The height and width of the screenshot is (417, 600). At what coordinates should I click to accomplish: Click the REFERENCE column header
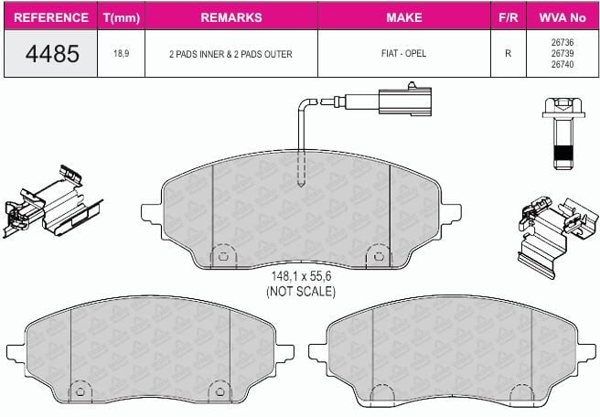[51, 17]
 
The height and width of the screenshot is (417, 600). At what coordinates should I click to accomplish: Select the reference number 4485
[52, 54]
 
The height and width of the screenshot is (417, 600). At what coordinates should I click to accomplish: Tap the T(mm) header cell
[122, 17]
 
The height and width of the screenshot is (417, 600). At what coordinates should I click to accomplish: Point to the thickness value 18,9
[122, 54]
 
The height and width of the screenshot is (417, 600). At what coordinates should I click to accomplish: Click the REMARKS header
[231, 17]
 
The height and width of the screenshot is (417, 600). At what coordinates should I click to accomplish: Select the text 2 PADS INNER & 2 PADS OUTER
[230, 54]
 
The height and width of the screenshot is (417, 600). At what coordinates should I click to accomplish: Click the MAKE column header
[404, 17]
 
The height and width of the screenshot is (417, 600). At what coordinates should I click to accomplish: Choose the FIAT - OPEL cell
[403, 53]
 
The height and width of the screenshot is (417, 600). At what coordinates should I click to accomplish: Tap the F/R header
[509, 17]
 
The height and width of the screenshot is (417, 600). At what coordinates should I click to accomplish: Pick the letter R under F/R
[509, 53]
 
